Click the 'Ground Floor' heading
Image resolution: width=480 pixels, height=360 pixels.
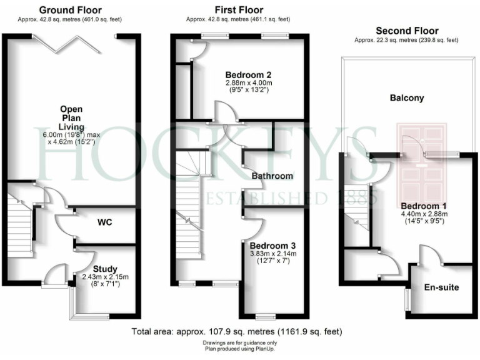(70, 10)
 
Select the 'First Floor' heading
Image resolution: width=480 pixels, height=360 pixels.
(239, 10)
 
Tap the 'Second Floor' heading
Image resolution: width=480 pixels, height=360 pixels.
(406, 31)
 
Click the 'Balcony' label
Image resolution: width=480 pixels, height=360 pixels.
(407, 98)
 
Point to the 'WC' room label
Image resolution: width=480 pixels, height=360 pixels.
(104, 222)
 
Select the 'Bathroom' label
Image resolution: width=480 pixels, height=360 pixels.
(272, 176)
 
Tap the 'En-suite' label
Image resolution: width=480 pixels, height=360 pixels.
(442, 288)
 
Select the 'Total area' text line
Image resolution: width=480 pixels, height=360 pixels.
(238, 331)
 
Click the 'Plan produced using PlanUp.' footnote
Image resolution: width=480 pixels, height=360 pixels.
(239, 350)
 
